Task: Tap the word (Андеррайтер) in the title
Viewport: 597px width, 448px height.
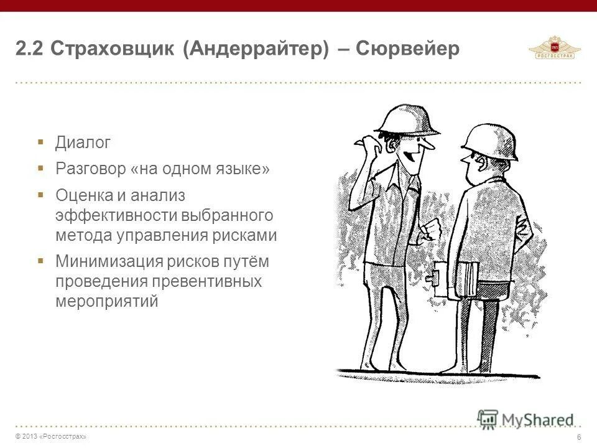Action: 256,50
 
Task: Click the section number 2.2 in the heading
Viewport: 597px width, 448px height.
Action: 29,50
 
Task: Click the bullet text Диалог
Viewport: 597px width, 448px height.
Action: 83,143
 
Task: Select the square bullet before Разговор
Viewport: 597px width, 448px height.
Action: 40,168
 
